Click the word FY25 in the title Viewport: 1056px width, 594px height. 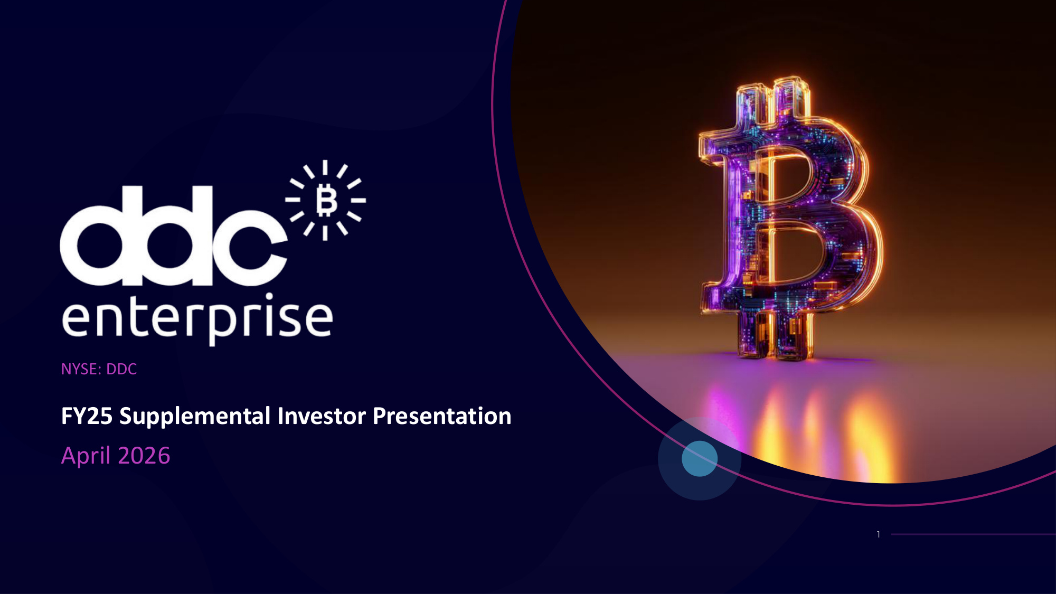point(87,416)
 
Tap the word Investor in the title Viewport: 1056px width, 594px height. point(322,416)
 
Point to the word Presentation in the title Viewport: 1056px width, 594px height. point(442,416)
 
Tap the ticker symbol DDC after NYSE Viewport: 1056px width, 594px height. point(121,369)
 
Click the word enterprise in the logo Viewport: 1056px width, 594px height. point(197,319)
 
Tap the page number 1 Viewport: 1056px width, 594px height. point(879,534)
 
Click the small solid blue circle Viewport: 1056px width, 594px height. point(700,459)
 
